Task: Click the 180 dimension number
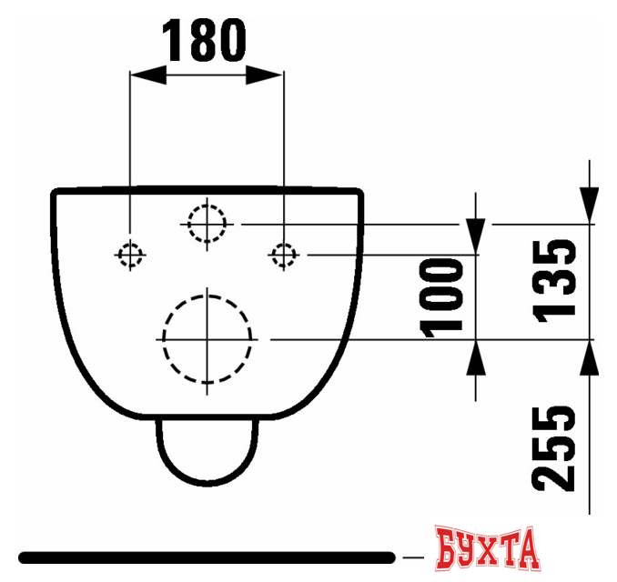pos(204,41)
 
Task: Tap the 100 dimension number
pos(441,297)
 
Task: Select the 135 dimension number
pos(554,281)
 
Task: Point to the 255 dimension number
pos(554,448)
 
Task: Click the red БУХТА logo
pos(487,548)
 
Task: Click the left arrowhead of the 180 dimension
pos(148,75)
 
